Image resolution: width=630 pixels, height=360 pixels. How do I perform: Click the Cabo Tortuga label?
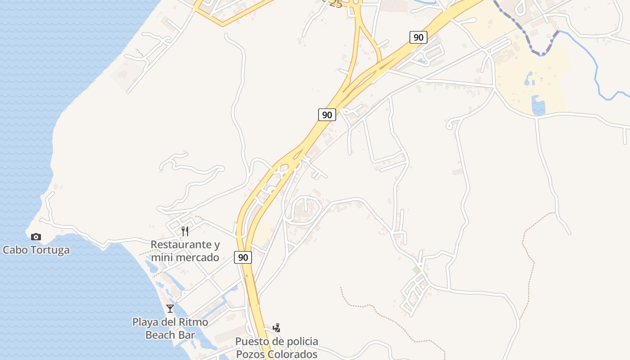(36, 250)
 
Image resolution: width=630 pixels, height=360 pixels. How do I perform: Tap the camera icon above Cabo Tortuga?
(36, 237)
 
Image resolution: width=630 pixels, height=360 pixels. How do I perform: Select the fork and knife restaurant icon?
(184, 231)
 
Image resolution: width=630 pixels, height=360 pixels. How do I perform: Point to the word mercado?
(198, 257)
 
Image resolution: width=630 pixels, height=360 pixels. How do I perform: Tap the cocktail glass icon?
(170, 309)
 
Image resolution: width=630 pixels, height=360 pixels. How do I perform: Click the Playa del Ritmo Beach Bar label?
(170, 328)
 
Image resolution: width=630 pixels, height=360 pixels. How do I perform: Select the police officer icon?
(277, 328)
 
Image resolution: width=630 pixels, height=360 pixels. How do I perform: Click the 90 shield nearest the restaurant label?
(243, 257)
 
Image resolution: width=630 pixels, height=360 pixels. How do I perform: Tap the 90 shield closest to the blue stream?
(418, 37)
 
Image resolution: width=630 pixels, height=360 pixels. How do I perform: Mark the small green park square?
(416, 270)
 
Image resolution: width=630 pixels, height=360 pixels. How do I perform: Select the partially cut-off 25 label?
(336, 4)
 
